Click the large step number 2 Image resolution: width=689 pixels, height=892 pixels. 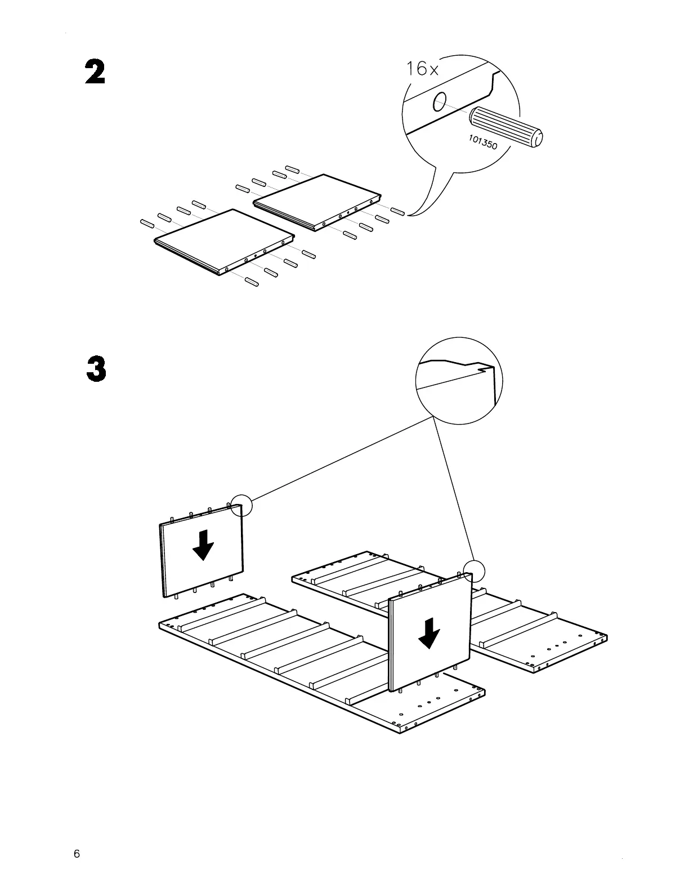click(95, 73)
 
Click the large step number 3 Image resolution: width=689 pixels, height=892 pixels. click(96, 369)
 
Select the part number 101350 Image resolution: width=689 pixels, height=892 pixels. click(482, 142)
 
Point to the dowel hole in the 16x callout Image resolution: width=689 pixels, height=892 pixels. click(439, 101)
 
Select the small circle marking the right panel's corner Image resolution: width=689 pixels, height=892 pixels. click(473, 571)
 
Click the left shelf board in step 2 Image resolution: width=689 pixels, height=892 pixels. click(223, 241)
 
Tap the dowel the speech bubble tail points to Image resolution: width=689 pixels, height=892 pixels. click(398, 212)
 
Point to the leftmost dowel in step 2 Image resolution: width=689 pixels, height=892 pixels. click(147, 224)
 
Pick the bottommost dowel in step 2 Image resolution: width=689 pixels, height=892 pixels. click(252, 282)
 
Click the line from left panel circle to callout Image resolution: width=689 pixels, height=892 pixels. click(338, 458)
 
